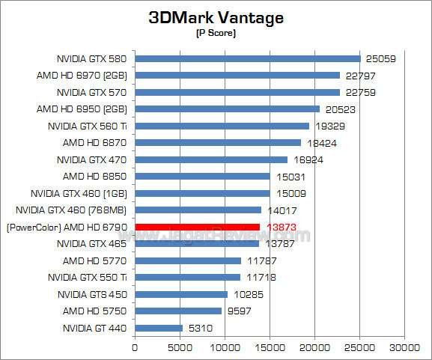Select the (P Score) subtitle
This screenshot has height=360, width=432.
(216, 34)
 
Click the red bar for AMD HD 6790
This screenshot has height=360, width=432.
(197, 227)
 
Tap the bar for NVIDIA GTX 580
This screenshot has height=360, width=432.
(248, 58)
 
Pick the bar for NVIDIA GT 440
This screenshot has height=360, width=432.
(159, 328)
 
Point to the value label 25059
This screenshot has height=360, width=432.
(380, 59)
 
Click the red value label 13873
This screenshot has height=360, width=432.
(279, 227)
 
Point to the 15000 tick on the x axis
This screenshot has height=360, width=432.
(270, 347)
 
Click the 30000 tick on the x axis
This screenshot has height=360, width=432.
(405, 347)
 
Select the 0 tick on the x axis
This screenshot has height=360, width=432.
(135, 347)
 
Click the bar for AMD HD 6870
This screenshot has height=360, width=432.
(218, 142)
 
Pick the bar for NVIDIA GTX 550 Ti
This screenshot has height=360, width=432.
(187, 277)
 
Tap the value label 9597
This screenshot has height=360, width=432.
(240, 311)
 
